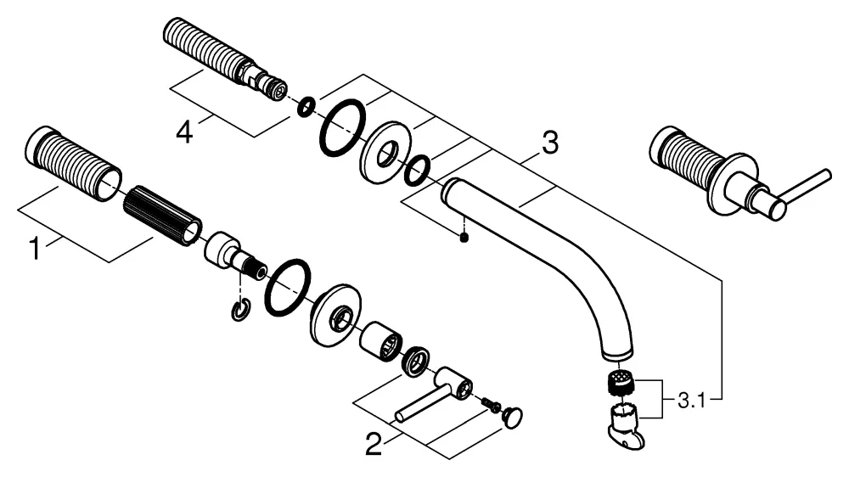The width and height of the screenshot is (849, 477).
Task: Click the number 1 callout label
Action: [x=35, y=249]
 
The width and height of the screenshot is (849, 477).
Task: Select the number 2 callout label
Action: [x=374, y=444]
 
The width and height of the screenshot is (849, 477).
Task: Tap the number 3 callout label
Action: [x=550, y=144]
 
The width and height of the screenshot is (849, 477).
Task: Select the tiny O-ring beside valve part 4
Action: [x=306, y=107]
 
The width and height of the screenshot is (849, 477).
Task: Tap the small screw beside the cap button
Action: [x=489, y=405]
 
